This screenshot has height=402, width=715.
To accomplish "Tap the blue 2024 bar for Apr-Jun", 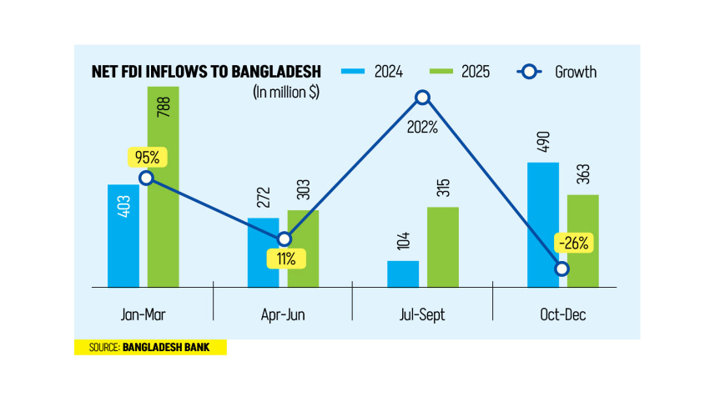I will click(x=264, y=254).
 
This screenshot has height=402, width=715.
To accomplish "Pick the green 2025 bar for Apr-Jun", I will click(x=304, y=249).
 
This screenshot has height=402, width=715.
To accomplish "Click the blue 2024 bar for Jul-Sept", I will click(x=404, y=274).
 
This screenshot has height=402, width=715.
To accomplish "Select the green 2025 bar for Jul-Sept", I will click(x=443, y=247).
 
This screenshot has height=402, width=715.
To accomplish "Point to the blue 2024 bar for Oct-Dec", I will click(x=544, y=225).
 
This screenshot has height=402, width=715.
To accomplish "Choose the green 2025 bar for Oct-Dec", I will click(x=583, y=241).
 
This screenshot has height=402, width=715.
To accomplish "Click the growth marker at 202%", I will click(x=423, y=98).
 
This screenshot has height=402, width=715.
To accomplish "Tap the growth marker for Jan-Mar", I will click(x=146, y=178).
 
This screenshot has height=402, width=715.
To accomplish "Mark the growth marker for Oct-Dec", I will click(x=562, y=269).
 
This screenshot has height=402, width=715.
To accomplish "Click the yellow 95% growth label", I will click(x=145, y=157).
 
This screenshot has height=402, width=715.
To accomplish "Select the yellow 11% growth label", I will click(x=287, y=259).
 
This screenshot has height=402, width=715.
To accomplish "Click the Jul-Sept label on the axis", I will click(x=423, y=314).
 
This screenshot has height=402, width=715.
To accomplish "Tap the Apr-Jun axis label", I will click(x=284, y=314).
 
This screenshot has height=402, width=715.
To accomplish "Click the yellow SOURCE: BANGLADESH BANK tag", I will click(x=150, y=347).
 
